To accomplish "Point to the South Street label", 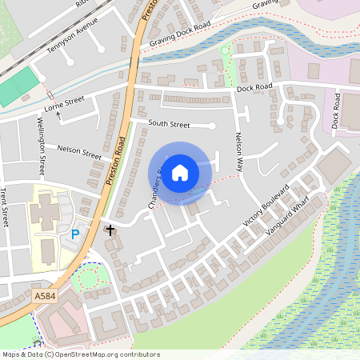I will tap(169, 124).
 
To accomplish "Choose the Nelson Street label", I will tap(79, 150).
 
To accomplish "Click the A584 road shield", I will tap(45, 295).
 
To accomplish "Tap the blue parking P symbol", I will tap(76, 234).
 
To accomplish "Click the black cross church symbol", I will tap(110, 230).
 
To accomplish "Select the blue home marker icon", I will tap(180, 172).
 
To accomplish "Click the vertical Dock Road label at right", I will tap(335, 111).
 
